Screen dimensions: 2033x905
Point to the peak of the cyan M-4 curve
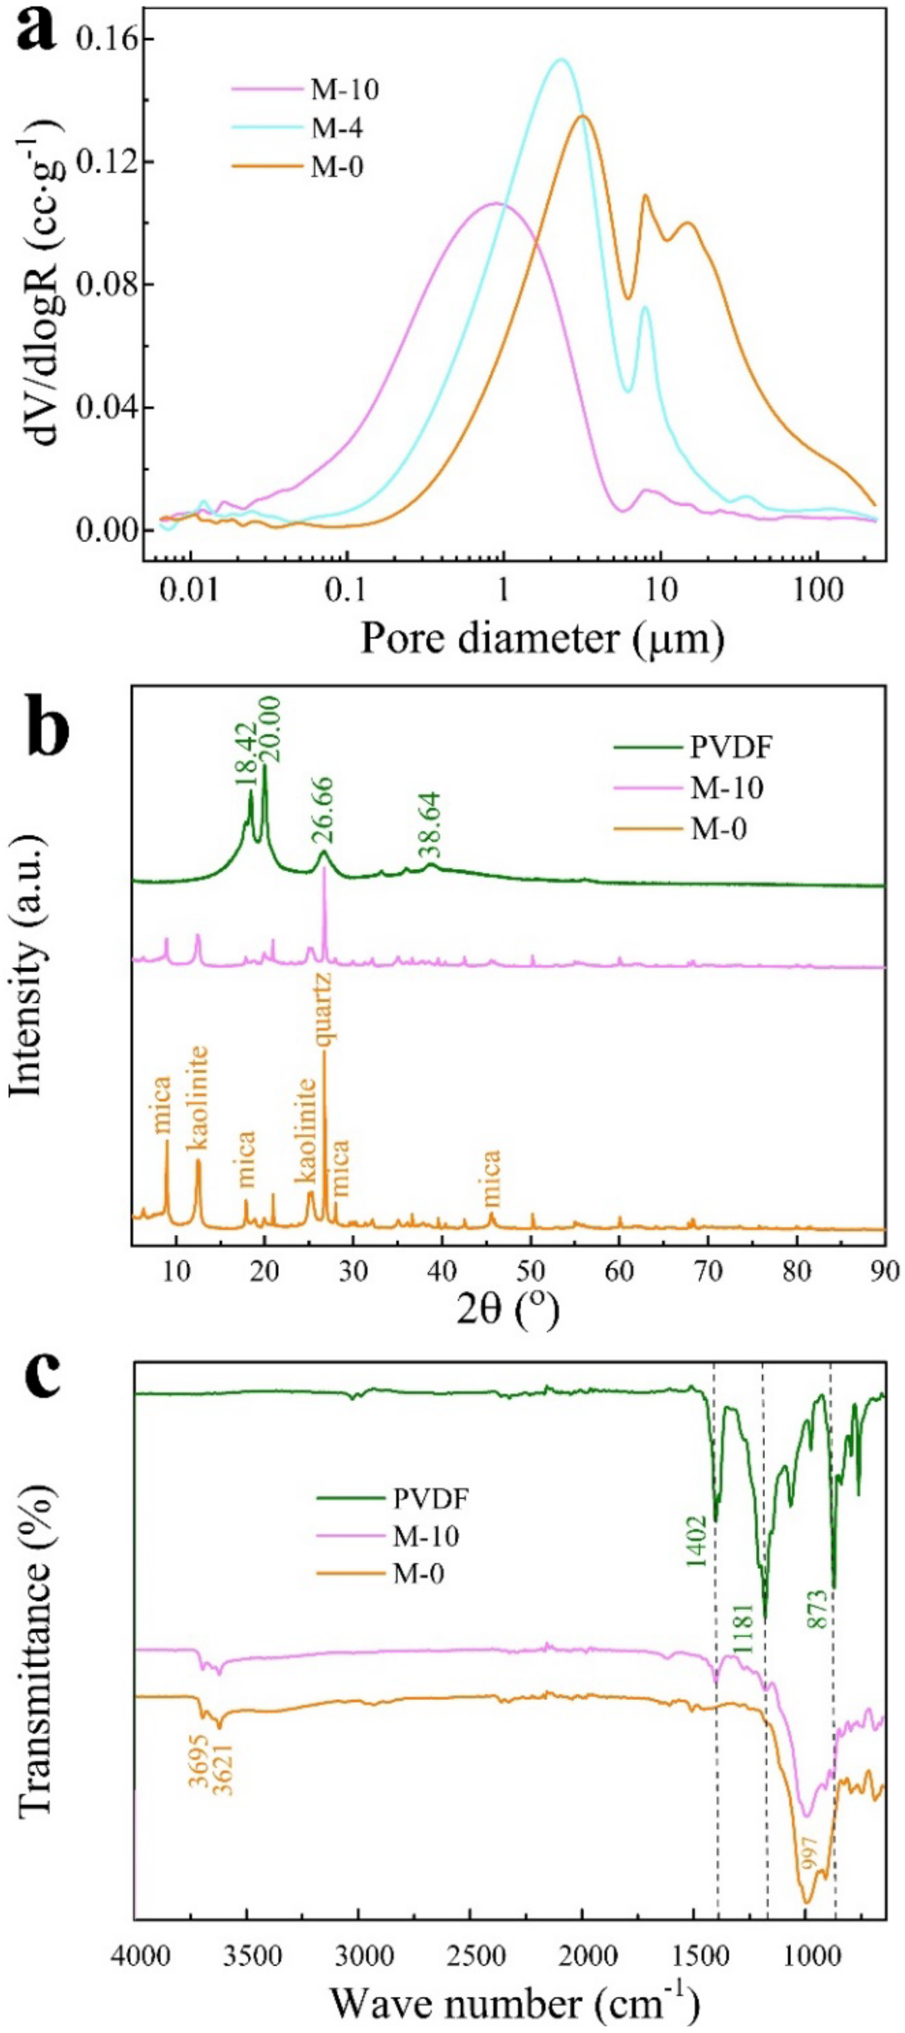point(561,59)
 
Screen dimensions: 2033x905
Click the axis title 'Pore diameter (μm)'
point(542,638)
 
